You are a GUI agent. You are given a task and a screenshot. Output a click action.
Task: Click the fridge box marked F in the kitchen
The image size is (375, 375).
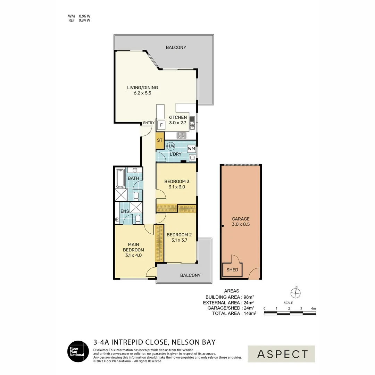(x=161, y=125)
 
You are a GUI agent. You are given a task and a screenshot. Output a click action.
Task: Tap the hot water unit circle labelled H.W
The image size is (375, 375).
(x=170, y=146)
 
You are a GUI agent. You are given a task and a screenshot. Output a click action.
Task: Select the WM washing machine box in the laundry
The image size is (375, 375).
(x=191, y=149)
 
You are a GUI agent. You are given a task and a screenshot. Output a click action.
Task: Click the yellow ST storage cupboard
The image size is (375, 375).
(x=160, y=140)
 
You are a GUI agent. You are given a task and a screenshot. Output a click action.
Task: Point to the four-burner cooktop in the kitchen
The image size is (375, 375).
(x=181, y=136)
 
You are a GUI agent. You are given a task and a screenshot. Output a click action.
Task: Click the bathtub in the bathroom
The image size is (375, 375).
(x=120, y=178)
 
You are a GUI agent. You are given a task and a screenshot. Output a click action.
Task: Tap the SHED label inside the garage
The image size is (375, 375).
(x=232, y=270)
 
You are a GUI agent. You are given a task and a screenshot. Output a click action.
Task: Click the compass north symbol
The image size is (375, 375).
(x=295, y=293)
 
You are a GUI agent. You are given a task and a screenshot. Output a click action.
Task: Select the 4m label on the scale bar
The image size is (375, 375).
(x=313, y=309)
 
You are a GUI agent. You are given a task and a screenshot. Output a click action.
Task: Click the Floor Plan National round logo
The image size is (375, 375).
(x=78, y=351)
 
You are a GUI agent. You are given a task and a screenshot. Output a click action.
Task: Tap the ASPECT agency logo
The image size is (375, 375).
(x=281, y=354)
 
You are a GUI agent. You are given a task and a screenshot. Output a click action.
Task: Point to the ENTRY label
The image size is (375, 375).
(x=149, y=123)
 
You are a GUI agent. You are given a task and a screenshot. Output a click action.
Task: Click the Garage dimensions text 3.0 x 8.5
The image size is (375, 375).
(x=241, y=224)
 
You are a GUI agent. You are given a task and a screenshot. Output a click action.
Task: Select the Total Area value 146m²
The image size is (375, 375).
(x=250, y=313)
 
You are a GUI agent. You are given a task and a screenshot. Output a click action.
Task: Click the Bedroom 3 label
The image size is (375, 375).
(x=177, y=182)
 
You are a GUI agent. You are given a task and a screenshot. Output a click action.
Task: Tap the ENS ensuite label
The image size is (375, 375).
(x=125, y=211)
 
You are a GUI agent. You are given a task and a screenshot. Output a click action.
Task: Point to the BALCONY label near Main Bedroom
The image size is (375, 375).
(x=190, y=275)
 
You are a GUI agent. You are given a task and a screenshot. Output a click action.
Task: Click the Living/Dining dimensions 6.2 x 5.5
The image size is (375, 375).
(x=143, y=93)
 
